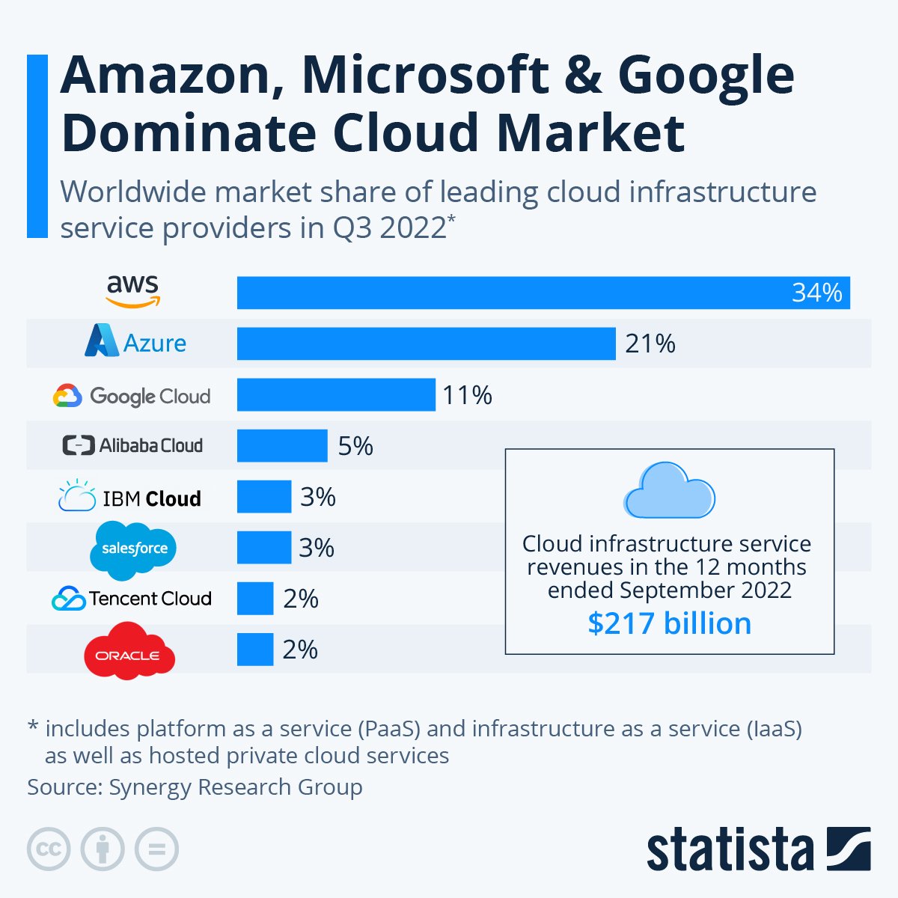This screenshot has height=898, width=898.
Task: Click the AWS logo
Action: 132,291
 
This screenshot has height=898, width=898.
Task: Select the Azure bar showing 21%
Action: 426,343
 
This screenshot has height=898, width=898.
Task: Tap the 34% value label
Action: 816,293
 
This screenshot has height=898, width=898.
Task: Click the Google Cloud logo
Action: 132,395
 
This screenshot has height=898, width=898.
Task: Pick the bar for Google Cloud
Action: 336,394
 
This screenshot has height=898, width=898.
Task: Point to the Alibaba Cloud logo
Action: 132,445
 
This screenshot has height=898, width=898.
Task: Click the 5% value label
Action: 355,446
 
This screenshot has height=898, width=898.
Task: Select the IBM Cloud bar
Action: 264,497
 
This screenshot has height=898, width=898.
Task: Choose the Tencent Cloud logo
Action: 132,599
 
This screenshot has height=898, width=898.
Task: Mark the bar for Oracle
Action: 255,650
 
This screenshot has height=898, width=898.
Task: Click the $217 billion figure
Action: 669,623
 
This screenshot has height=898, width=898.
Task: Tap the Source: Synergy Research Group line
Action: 195,787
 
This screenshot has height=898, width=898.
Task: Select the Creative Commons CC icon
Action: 49,849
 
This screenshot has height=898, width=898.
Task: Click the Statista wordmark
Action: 730,850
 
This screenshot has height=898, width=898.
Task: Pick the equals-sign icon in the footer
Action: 157,849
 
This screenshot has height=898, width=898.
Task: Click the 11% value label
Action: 467,395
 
